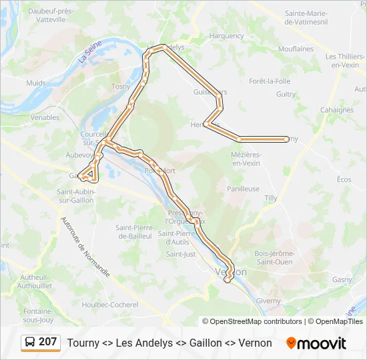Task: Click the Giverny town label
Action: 268,301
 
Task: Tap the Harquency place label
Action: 226,36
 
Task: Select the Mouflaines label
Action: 296,49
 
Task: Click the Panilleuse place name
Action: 243,189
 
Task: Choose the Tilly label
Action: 271,199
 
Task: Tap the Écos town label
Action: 344,179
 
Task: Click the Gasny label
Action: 342,280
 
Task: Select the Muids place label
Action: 35,83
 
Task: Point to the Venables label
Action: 45,117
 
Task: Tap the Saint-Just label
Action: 181,254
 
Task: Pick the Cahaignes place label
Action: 337,110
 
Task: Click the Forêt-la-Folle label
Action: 270,81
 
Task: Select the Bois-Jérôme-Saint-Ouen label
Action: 274,257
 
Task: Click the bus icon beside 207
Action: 31,343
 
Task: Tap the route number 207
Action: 48,342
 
